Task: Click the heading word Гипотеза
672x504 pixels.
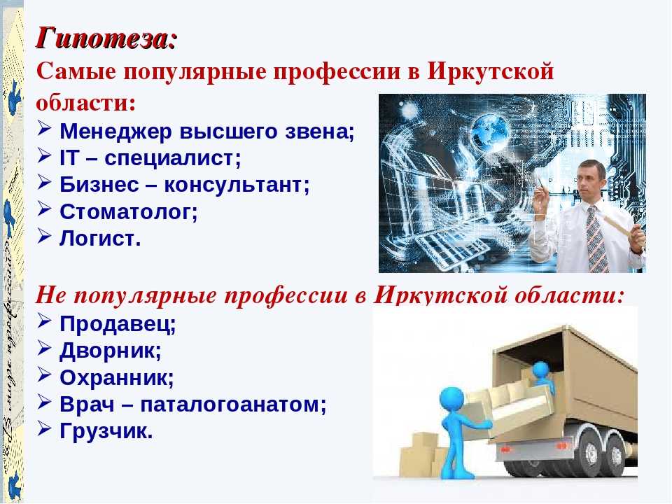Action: [x=102, y=38]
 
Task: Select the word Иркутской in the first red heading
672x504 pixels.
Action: [x=490, y=71]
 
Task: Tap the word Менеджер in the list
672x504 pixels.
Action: [x=115, y=131]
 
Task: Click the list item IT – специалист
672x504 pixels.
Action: [x=150, y=157]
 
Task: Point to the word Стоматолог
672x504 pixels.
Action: [x=129, y=211]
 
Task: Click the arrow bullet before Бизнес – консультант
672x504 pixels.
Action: [x=45, y=182]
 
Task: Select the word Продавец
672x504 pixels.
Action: [x=118, y=324]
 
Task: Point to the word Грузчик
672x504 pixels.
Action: [x=106, y=431]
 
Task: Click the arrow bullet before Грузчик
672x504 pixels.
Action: [x=45, y=428]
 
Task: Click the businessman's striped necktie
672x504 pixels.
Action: [x=596, y=239]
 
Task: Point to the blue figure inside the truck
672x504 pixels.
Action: [x=542, y=377]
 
